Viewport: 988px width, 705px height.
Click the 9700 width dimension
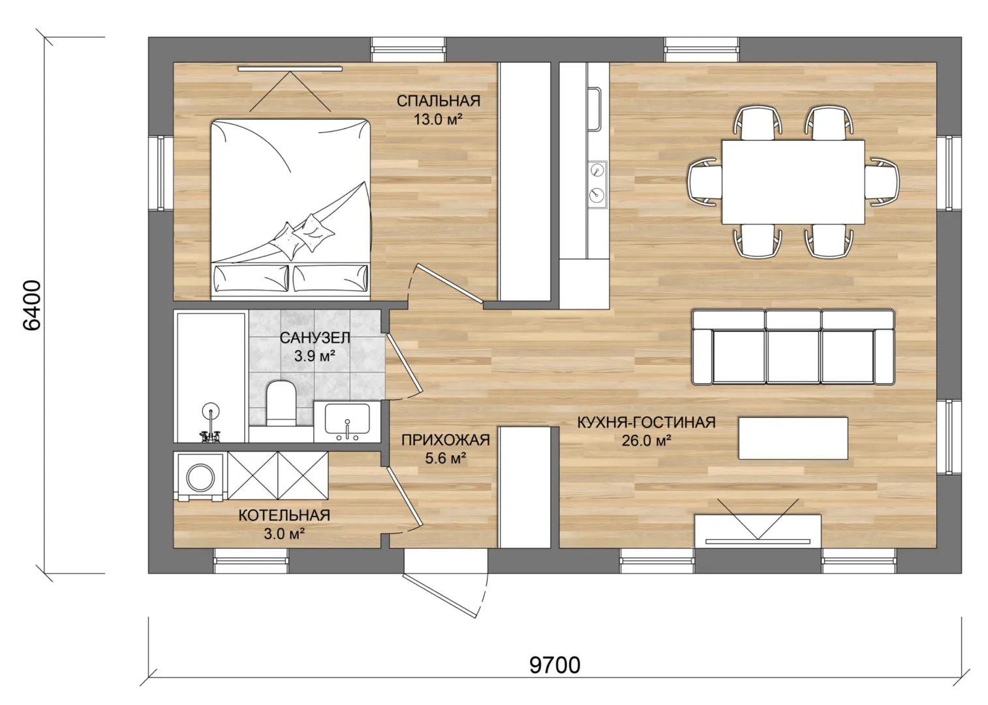555,665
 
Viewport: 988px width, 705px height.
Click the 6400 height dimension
32,305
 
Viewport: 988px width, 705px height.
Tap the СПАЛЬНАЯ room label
439,101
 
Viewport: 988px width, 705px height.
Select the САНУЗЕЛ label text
315,338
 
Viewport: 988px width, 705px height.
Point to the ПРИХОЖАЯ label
446,440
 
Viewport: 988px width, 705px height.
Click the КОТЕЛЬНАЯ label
284,515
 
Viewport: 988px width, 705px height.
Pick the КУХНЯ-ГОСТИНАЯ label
646,422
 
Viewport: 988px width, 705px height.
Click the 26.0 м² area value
646,441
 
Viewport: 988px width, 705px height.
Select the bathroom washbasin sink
347,418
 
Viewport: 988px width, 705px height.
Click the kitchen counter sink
594,109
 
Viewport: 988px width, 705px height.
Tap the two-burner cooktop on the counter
597,185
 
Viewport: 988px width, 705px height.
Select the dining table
793,181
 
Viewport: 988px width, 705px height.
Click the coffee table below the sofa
793,438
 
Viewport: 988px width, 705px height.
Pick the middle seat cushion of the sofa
793,356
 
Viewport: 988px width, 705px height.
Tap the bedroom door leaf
450,284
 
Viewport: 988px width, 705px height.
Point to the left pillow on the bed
251,278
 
